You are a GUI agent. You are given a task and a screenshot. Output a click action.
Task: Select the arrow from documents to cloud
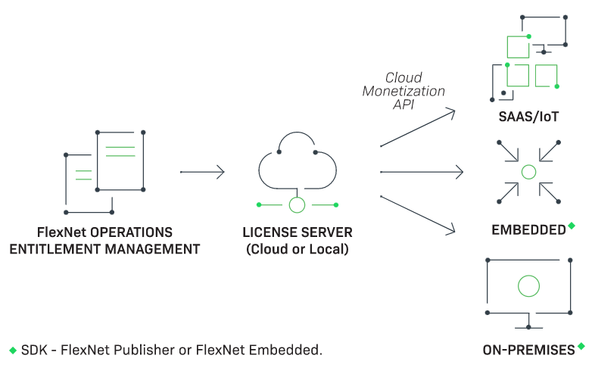[x=202, y=173]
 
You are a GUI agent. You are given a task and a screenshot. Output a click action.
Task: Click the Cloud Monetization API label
[x=403, y=91]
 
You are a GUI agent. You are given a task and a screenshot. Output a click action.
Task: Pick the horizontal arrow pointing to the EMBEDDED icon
[x=421, y=173]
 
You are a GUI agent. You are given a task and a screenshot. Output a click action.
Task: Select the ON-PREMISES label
[x=528, y=350]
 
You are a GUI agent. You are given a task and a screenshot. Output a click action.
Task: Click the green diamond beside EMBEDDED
[x=572, y=226]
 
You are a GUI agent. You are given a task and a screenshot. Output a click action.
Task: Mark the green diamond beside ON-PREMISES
[x=581, y=346]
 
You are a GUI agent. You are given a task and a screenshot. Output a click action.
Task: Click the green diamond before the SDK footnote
[x=12, y=350]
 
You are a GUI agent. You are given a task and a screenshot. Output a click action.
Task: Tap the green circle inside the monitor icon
[x=528, y=286]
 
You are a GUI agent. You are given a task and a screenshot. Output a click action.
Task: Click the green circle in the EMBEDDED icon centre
[x=528, y=172]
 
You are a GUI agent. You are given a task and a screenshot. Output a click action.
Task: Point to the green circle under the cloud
[x=297, y=204]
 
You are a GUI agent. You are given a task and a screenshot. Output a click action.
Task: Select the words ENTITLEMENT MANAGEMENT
[x=105, y=248]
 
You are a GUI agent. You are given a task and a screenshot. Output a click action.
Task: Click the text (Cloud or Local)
[x=298, y=248]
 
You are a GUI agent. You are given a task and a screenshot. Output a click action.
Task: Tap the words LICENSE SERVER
[x=298, y=232]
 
